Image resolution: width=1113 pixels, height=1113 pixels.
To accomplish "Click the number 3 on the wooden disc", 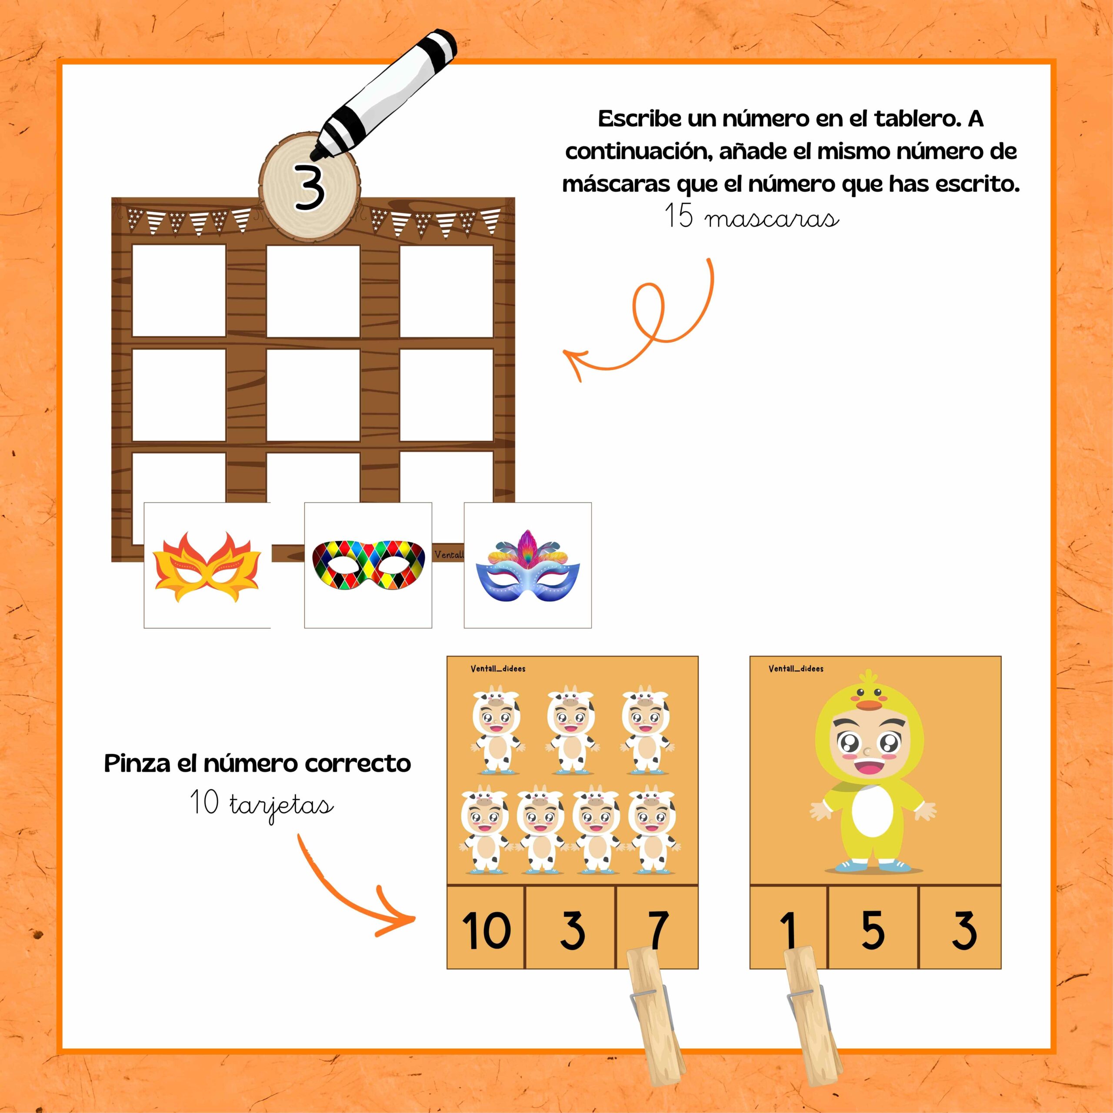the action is (x=310, y=186).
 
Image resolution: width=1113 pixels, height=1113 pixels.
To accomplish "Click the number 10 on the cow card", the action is (x=486, y=929).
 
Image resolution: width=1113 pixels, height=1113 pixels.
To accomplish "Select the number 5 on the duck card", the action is (x=873, y=929).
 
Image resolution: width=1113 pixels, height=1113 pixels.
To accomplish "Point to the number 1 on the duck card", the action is (x=789, y=929).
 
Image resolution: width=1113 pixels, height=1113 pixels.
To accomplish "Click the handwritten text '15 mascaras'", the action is (x=752, y=217).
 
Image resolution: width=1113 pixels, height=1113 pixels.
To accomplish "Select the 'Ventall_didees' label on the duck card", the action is (x=796, y=669).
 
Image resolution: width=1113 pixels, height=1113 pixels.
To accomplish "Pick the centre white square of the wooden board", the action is (x=313, y=395).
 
